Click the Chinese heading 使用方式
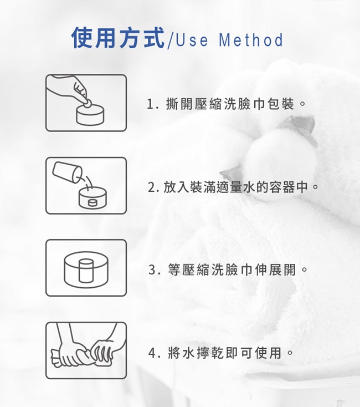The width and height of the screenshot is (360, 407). (118, 38)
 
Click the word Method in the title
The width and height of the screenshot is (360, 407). (251, 40)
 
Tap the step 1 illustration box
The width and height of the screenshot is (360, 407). (86, 103)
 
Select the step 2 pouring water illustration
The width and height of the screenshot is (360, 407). (86, 186)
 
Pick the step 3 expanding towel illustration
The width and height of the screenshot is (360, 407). (86, 268)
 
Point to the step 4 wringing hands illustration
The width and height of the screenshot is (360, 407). (86, 350)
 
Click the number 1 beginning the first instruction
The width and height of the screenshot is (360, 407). (150, 104)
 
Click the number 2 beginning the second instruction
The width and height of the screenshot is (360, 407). (151, 187)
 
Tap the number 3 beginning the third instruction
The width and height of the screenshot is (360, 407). (152, 269)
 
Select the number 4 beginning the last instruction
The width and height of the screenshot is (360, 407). (152, 353)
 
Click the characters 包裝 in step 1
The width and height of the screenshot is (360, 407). (281, 104)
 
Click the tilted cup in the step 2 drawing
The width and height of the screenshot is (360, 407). (67, 172)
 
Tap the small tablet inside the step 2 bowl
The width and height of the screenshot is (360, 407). (92, 202)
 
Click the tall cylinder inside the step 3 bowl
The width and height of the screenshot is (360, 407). (86, 271)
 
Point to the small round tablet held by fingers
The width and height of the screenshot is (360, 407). (87, 104)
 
